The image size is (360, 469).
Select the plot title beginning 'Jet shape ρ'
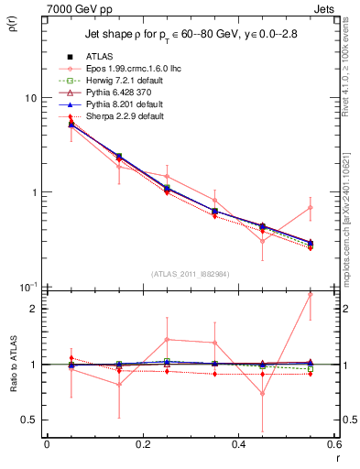(x=191, y=35)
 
